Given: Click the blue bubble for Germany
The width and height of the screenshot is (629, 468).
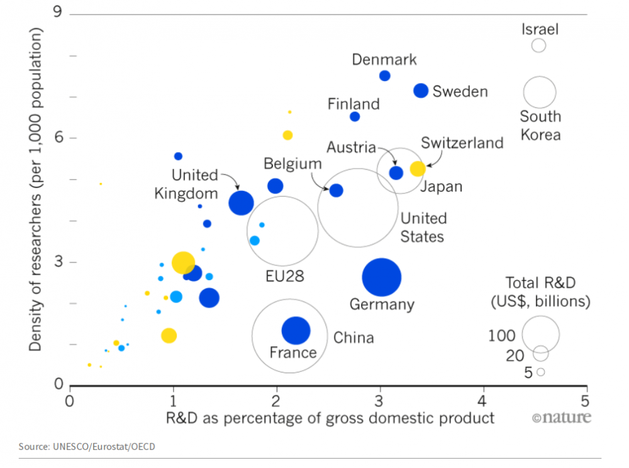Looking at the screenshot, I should [381, 278].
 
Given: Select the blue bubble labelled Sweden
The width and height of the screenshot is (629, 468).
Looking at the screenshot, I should [421, 90].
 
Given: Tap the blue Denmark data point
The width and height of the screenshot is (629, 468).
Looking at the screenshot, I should [385, 76].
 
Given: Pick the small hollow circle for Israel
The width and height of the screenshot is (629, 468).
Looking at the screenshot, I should [538, 45].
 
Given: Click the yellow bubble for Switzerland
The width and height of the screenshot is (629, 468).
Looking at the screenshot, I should [418, 168].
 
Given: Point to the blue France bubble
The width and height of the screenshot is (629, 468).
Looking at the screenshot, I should [296, 330].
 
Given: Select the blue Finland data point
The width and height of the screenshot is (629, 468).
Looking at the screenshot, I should [355, 116].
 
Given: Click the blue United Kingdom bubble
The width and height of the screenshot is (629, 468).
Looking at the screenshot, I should [241, 202].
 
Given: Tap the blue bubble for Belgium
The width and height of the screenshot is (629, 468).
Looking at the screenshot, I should [337, 190].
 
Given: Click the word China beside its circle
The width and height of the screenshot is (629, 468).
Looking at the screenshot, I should [353, 338].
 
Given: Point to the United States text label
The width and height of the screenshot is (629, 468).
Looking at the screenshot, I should [423, 227].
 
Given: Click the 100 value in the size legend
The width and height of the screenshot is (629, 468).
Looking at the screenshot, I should [501, 335].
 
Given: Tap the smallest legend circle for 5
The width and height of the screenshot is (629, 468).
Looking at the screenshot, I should [540, 372].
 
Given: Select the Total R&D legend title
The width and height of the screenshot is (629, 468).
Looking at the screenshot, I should [540, 292].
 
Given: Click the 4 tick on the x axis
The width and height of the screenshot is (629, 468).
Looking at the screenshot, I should [483, 400].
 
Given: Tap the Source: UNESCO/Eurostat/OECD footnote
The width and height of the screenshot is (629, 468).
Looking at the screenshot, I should [87, 447].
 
